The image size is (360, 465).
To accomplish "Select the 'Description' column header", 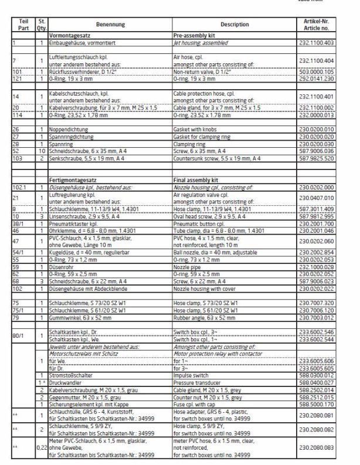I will click(234, 25).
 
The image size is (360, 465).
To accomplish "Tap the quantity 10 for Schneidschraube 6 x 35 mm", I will click(42, 151).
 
